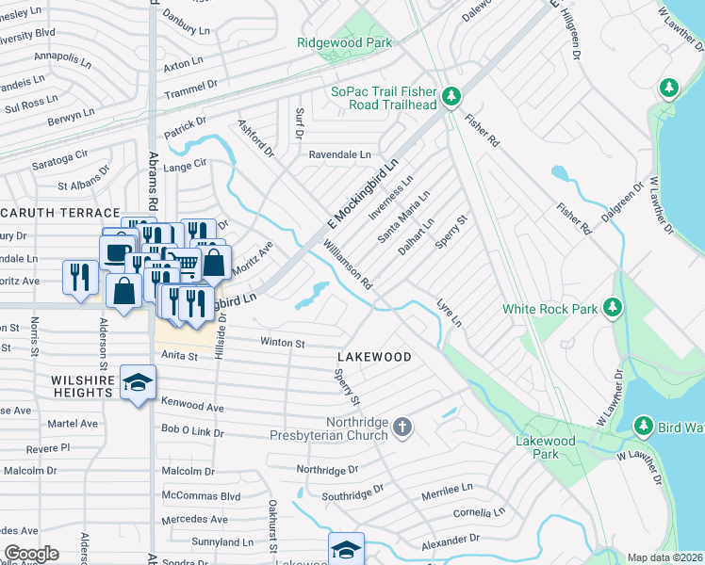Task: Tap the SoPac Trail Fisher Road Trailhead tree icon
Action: [451, 96]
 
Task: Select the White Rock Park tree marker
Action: [613, 307]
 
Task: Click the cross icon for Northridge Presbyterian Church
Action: [402, 428]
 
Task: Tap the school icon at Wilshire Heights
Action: [139, 382]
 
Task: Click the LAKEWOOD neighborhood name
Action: [374, 357]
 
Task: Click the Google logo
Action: [31, 553]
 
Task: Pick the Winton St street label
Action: [283, 344]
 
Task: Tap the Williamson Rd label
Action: [349, 264]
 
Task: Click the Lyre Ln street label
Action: [451, 315]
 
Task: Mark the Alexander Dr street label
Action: [451, 541]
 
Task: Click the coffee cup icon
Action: [117, 252]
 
